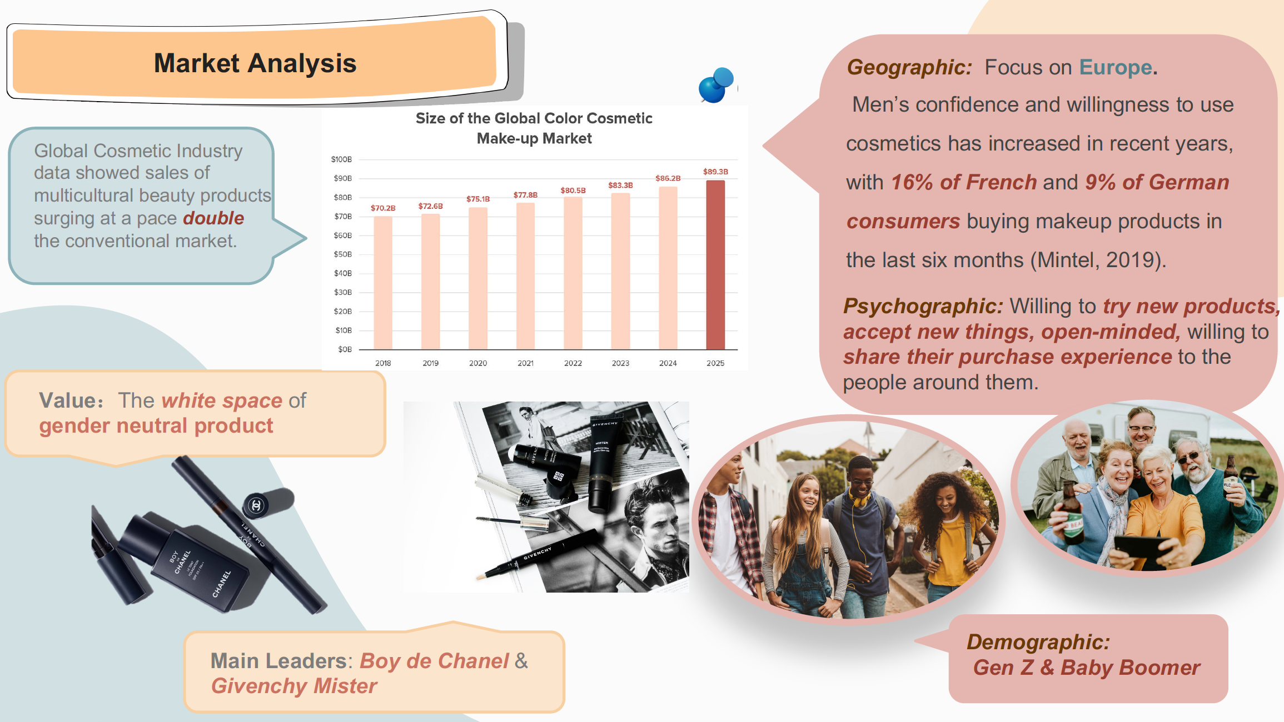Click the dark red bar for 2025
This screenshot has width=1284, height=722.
(x=715, y=265)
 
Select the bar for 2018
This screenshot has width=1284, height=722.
(x=383, y=283)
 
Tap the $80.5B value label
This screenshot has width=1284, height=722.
(x=573, y=190)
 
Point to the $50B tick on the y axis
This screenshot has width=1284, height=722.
(x=342, y=254)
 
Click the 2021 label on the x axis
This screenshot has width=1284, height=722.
(x=525, y=363)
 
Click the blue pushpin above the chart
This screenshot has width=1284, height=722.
(x=716, y=85)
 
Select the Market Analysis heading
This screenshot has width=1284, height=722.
(x=255, y=63)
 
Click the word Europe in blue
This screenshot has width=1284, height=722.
(x=1115, y=67)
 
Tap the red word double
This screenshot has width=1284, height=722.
(x=213, y=218)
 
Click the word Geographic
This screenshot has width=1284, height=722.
(x=909, y=67)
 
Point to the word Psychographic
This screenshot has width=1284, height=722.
(x=923, y=307)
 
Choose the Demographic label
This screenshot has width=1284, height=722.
(x=1038, y=642)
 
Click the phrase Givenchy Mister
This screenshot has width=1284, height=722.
(x=294, y=686)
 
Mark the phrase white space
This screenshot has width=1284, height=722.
(x=222, y=400)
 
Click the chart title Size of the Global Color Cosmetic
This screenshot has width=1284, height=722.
(x=534, y=118)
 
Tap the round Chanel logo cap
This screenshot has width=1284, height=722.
(x=256, y=505)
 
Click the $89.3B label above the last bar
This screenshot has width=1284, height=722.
(x=715, y=172)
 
